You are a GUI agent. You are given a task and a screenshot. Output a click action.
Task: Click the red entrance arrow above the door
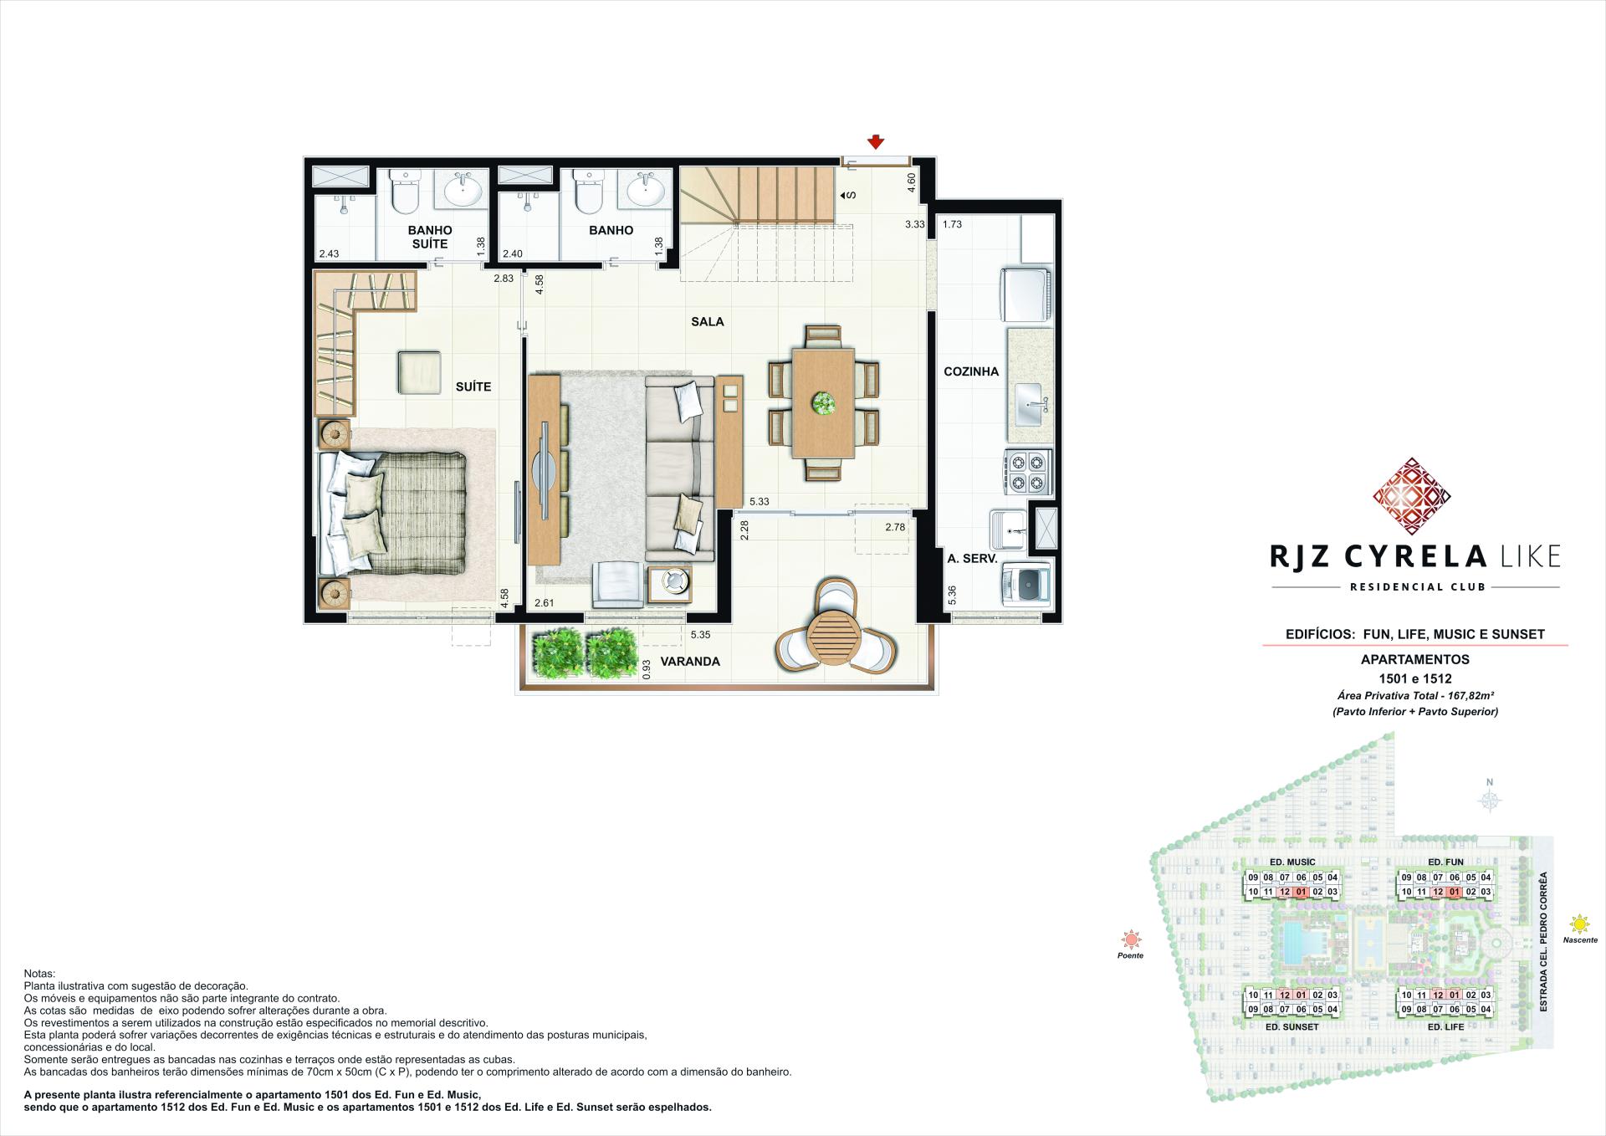[876, 142]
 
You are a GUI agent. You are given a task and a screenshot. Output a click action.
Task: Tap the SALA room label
[708, 321]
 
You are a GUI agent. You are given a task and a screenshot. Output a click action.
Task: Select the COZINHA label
[971, 371]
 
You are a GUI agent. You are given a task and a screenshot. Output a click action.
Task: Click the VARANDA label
[690, 661]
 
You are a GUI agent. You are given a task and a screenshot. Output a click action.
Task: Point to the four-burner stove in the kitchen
[1028, 471]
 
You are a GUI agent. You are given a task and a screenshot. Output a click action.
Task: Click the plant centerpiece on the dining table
[824, 404]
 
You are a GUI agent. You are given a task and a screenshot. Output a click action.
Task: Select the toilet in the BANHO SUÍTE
[405, 195]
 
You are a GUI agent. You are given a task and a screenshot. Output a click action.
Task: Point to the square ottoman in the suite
[419, 372]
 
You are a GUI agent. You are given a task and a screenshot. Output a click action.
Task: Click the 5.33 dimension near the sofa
[760, 501]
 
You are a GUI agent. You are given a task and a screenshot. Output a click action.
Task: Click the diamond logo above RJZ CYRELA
[1411, 496]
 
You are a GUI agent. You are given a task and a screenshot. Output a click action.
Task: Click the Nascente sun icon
[1579, 924]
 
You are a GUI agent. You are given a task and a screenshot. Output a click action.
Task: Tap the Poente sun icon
[1130, 939]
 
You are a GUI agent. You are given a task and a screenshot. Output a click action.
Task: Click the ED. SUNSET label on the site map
[1293, 1026]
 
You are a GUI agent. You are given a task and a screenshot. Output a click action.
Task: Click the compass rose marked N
[1489, 801]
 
